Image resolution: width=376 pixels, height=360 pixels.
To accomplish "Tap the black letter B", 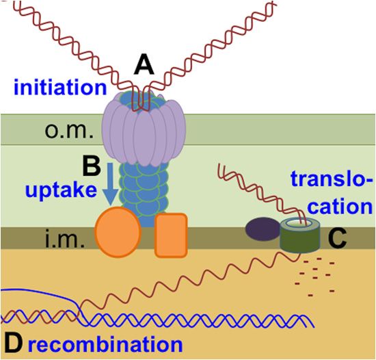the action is point(92,167).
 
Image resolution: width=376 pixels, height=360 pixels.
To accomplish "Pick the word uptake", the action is point(62,191).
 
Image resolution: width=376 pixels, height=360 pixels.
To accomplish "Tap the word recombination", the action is point(105,344).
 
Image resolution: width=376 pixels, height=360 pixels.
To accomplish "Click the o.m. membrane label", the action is point(69,131).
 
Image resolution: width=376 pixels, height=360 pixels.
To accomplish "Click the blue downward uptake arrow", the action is point(110,184).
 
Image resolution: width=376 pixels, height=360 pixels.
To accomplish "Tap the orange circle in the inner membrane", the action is point(118,232).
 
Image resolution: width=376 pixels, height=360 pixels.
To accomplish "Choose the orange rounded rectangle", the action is point(171,235).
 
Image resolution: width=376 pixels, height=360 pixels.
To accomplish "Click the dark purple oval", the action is point(263,229).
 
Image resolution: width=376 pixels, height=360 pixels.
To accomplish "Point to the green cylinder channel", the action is point(300,235).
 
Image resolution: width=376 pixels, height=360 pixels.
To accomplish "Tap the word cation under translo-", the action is point(340,206).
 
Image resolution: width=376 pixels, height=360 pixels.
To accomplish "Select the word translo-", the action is point(332,179).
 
